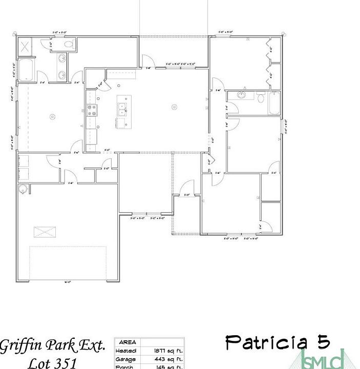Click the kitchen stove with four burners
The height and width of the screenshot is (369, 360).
point(92,110)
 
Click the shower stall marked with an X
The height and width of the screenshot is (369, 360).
point(26,47)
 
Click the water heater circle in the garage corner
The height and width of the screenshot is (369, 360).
point(23,190)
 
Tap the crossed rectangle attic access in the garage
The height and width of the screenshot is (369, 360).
point(45,232)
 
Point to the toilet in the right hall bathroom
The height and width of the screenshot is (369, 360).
point(261,97)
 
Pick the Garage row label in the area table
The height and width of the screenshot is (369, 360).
point(126,359)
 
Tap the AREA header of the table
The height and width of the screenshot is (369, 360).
point(128,342)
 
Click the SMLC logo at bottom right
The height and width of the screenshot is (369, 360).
point(323,359)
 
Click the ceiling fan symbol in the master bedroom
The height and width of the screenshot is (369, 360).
point(52,117)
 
